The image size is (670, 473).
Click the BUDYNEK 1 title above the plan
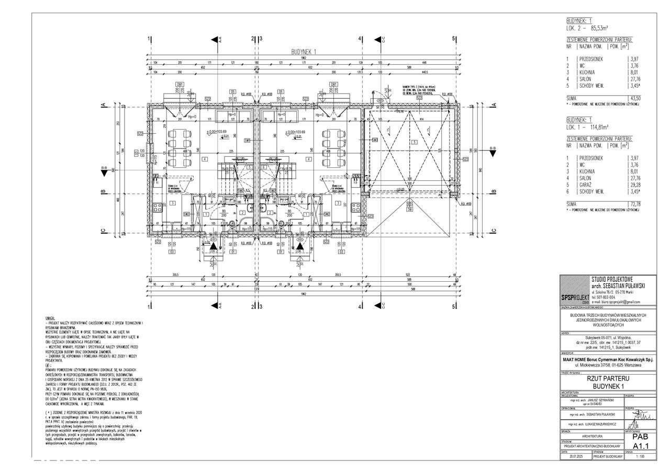(305, 52)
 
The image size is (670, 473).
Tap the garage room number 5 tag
(414, 142)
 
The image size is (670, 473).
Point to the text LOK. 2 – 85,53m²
(591, 29)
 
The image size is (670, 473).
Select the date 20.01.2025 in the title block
(575, 456)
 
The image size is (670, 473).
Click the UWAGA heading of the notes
(51, 318)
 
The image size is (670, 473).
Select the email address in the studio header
(615, 302)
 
